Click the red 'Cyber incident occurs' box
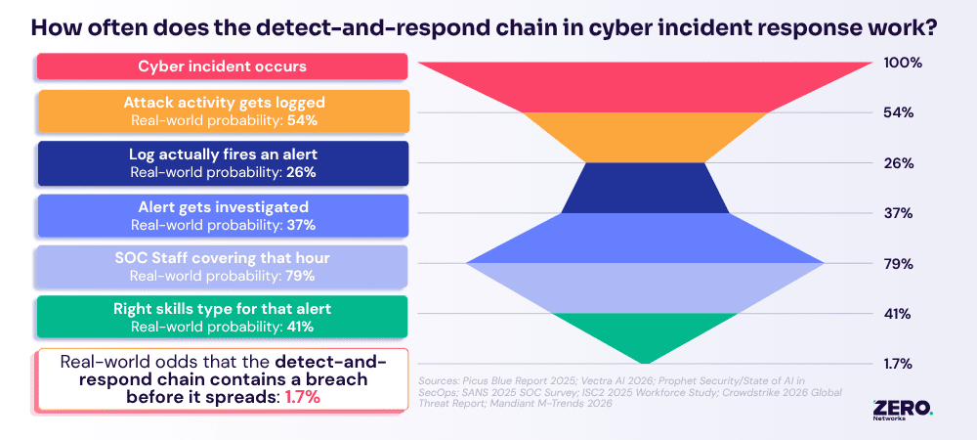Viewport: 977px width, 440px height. click(223, 66)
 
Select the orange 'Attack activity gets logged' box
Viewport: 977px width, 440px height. click(224, 110)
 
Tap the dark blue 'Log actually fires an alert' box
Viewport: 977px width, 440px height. click(223, 162)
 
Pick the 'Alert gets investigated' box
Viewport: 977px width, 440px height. click(223, 215)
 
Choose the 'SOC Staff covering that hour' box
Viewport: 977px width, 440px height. click(223, 267)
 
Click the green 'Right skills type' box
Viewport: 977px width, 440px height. click(223, 317)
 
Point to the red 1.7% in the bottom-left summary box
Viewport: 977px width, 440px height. click(303, 398)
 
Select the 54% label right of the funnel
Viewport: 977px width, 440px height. click(899, 112)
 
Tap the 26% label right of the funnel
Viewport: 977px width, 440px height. click(899, 164)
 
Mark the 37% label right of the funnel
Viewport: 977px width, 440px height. click(899, 214)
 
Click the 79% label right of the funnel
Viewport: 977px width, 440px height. click(899, 264)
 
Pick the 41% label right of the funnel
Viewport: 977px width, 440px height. click(898, 314)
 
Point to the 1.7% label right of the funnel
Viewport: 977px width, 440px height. click(898, 364)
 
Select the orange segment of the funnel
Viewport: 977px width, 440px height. click(645, 137)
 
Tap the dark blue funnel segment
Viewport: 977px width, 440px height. click(645, 188)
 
